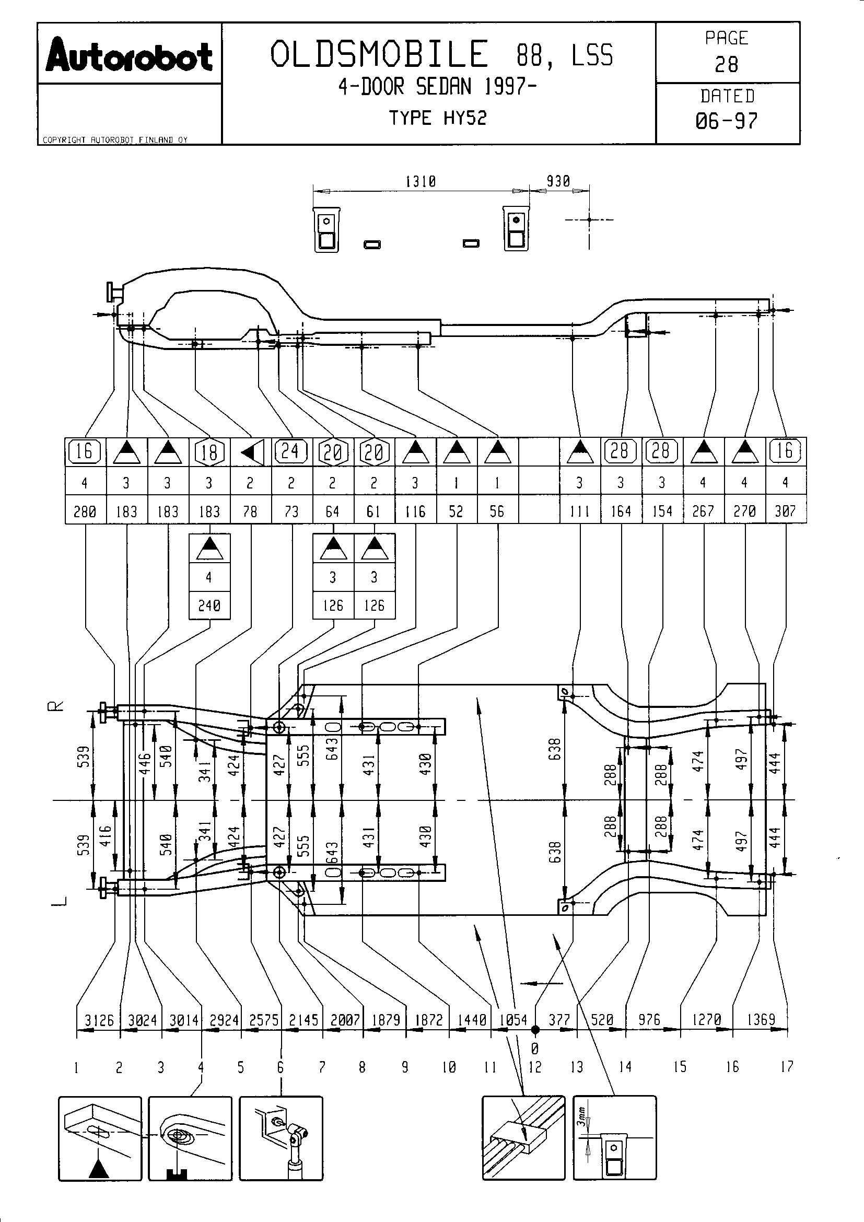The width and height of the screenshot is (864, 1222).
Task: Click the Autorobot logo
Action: click(x=129, y=57)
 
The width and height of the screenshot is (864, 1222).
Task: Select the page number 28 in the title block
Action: click(x=726, y=65)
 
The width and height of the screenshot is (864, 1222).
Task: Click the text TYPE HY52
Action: click(x=437, y=118)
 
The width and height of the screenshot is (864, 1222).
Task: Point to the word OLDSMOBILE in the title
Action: click(x=379, y=54)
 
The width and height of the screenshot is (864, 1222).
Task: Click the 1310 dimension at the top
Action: click(x=421, y=182)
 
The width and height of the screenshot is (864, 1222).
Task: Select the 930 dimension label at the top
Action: click(x=558, y=182)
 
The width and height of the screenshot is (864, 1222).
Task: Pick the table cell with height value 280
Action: click(x=85, y=511)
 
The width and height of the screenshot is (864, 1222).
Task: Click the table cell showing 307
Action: click(x=785, y=511)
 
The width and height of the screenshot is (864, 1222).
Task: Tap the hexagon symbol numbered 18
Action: click(x=209, y=452)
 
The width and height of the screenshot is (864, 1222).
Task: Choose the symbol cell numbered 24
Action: click(x=291, y=452)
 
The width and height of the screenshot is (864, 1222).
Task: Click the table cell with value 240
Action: click(x=209, y=606)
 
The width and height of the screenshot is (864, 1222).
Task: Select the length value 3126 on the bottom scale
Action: click(x=99, y=1020)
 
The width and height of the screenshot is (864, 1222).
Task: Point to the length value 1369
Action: click(x=761, y=1020)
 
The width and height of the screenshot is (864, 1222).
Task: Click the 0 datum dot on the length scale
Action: click(x=535, y=1030)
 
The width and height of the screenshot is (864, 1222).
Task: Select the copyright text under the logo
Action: click(x=115, y=140)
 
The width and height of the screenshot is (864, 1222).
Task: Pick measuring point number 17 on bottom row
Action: click(x=787, y=1066)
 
